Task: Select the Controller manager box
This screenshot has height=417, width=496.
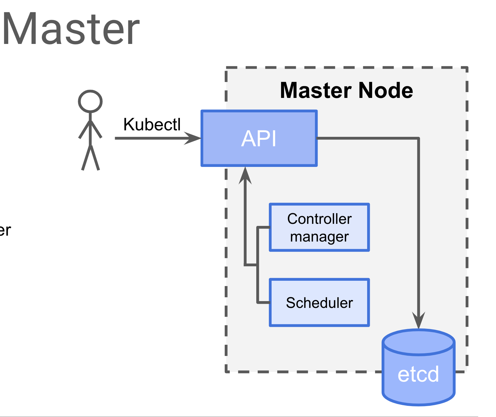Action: pos(319,227)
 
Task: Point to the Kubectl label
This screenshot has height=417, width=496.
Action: pos(152,124)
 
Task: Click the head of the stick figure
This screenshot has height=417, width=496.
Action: pos(90,101)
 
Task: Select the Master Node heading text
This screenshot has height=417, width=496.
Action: pos(346,90)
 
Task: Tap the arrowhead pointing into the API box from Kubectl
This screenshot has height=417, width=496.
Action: pos(193,138)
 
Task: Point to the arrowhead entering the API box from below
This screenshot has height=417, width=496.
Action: pos(245,175)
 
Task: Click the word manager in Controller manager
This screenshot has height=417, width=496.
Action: pos(319,237)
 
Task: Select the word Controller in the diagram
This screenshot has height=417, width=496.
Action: pos(319,219)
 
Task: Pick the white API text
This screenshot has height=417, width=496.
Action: pos(259,138)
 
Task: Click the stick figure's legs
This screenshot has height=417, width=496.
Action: pos(91,158)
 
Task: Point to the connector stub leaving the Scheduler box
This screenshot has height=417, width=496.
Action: pos(263,302)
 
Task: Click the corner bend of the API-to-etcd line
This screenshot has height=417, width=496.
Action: pos(418,138)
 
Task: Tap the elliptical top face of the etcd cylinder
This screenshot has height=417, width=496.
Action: pos(418,342)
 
